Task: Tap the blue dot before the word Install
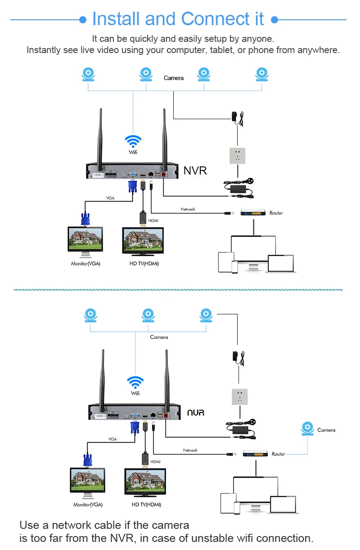tap(83, 20)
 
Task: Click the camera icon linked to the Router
tap(307, 428)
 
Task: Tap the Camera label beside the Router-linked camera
tap(326, 430)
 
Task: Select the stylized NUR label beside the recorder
tap(196, 412)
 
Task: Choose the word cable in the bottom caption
tap(108, 525)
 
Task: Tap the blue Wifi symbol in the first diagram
tap(133, 141)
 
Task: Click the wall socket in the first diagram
tap(238, 156)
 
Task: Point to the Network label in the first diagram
tap(188, 209)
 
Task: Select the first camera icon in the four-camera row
tap(89, 74)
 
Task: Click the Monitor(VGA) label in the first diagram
tap(86, 264)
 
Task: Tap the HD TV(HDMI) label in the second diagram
tap(146, 505)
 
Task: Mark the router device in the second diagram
tap(255, 453)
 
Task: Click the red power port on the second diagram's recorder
tap(166, 416)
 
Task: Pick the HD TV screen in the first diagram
tap(143, 241)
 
